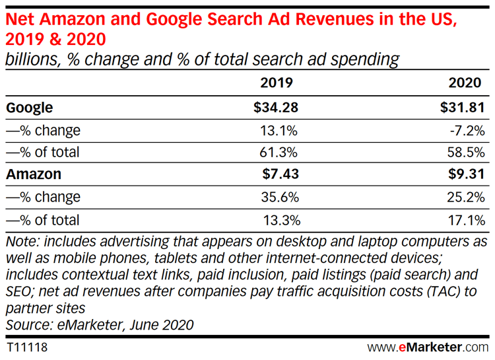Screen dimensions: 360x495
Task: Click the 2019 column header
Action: click(x=277, y=83)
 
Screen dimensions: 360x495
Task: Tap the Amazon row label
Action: click(x=33, y=174)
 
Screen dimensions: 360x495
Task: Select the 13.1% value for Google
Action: click(x=280, y=129)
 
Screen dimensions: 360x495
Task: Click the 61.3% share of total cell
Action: click(x=280, y=152)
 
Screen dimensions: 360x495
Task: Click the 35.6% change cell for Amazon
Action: click(x=280, y=197)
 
